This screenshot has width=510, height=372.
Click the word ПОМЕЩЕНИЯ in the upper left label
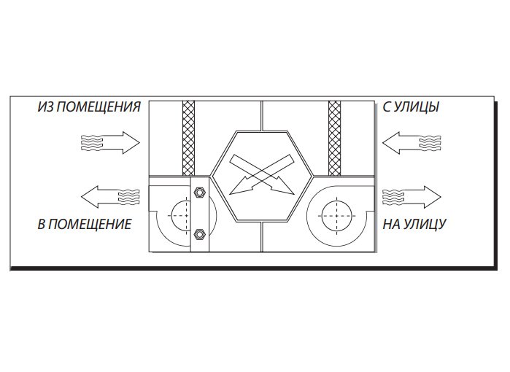pos(99,106)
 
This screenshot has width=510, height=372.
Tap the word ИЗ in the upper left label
pos(45,106)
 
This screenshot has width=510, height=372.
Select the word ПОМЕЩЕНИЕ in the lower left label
pos(90,224)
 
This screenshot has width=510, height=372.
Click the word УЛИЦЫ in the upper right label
pos(416,106)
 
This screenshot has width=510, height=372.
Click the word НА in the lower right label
pos(392,224)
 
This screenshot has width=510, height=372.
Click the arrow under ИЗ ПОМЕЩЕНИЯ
pos(110,142)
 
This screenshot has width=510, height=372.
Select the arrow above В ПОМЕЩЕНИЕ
pos(110,197)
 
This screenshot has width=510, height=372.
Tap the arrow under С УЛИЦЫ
pos(412,142)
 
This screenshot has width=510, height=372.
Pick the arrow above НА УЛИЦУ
pos(412,197)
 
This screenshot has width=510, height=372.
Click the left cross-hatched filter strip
pos(189,138)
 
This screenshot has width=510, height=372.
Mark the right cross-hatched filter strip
pos(334,138)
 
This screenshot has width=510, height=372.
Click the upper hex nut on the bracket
pos(199,192)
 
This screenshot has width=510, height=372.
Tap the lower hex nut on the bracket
pos(199,234)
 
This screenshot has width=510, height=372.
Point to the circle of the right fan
pos(336,216)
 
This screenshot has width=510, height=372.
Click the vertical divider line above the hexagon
pos(262,116)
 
